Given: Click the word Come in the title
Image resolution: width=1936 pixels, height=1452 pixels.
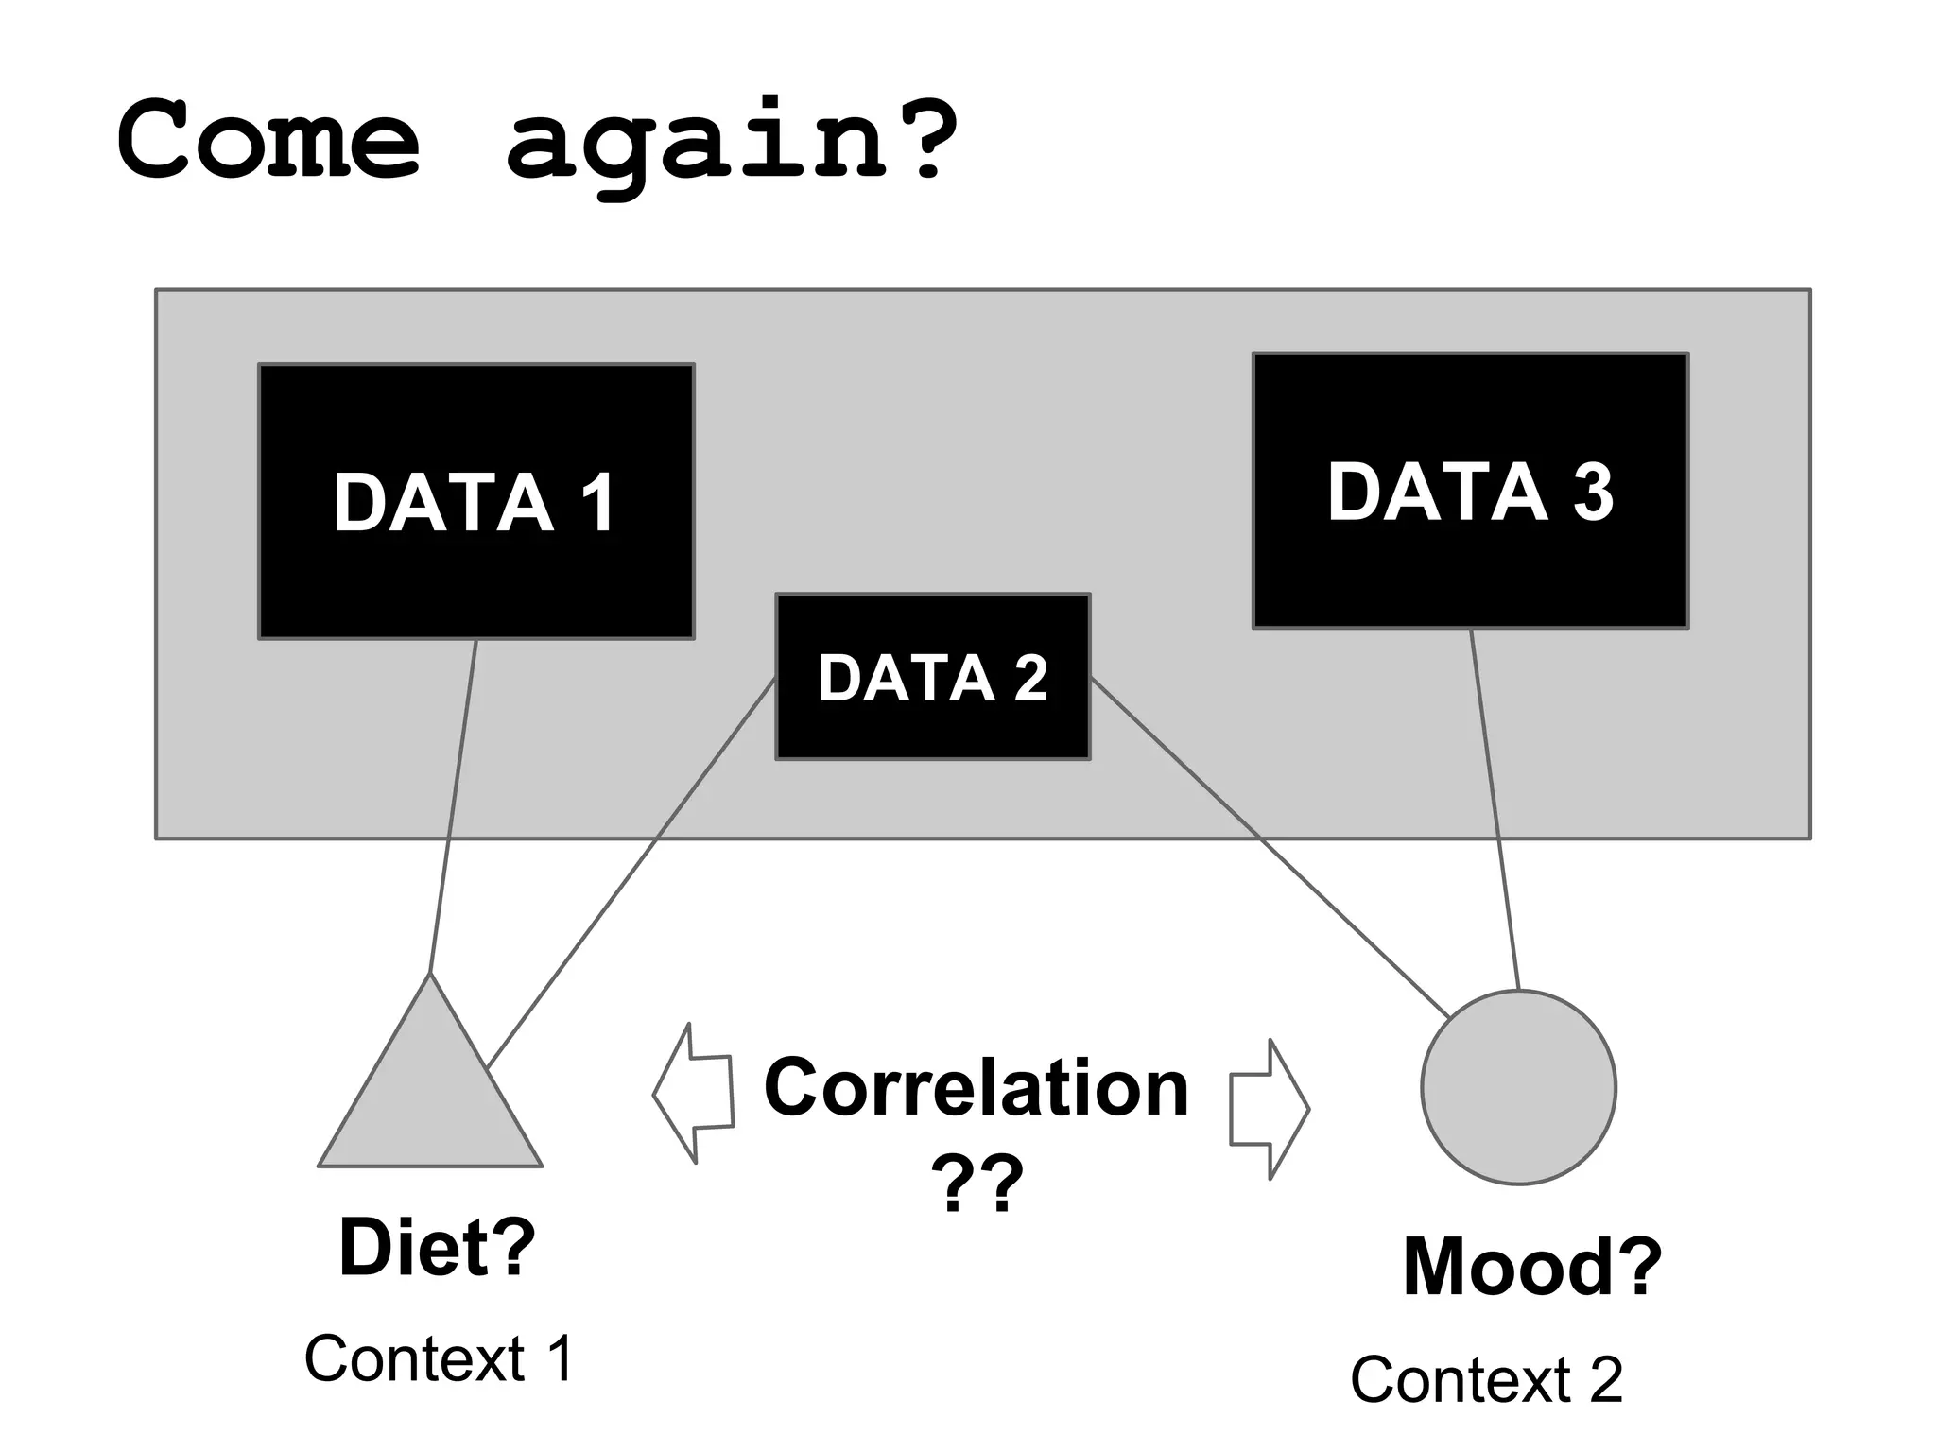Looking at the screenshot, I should tap(268, 140).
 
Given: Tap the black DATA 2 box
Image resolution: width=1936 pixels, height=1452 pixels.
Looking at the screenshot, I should tap(932, 728).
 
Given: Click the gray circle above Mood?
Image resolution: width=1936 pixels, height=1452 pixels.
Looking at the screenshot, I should tap(1518, 1087).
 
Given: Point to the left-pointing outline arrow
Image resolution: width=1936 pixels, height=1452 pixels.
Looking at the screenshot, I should tap(695, 1093).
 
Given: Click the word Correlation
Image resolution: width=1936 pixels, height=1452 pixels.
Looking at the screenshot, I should tap(976, 1088).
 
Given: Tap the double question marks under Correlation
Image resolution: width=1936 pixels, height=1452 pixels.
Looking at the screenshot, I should tap(977, 1183).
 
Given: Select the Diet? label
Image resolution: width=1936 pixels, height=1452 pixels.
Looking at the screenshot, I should tap(437, 1248).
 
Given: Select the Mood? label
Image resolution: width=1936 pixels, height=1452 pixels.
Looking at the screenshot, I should tap(1531, 1267).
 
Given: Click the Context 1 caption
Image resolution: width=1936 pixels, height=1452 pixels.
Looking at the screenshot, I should tap(439, 1359).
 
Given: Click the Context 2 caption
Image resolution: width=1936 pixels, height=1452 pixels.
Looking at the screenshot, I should tap(1486, 1380).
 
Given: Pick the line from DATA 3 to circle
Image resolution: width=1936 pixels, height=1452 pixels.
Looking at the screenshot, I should tap(1495, 809).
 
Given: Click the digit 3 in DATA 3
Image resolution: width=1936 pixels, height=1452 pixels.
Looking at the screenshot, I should tap(1593, 492).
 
